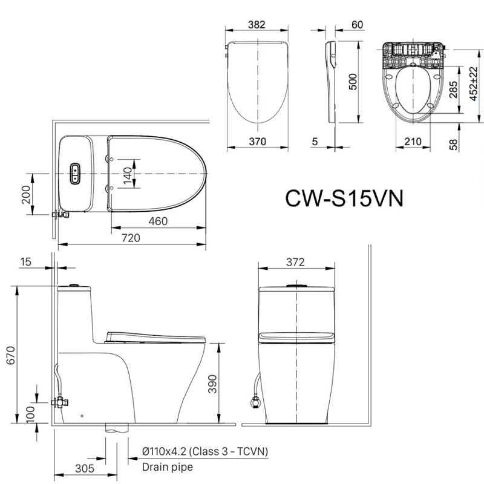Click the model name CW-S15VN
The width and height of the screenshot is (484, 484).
click(x=344, y=198)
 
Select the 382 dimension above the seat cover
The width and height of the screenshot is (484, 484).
click(x=257, y=24)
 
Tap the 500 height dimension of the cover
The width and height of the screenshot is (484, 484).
click(x=353, y=82)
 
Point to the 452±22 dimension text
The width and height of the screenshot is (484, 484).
click(x=474, y=83)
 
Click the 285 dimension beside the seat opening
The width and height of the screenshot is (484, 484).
click(x=453, y=90)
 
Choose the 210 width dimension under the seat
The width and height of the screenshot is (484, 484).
click(x=413, y=142)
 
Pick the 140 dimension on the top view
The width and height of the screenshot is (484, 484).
click(x=128, y=175)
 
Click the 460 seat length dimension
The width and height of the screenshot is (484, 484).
click(x=158, y=221)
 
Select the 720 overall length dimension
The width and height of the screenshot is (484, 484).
click(x=131, y=238)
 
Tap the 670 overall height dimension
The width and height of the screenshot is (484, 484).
click(x=11, y=355)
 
